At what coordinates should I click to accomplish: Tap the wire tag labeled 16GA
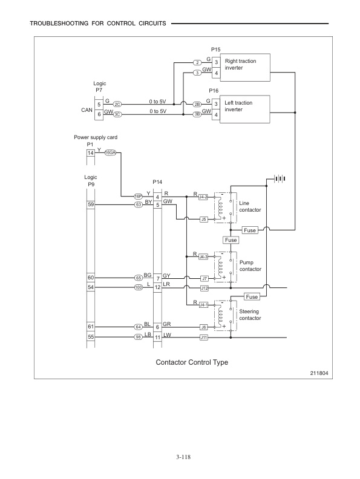click(111, 153)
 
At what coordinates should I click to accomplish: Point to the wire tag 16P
click(138, 197)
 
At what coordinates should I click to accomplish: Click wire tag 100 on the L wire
click(138, 287)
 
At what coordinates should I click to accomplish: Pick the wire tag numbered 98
click(138, 337)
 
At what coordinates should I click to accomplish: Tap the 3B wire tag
click(197, 114)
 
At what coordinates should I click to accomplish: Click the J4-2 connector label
click(203, 197)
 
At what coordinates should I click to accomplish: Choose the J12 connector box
click(205, 287)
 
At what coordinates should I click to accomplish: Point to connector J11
click(205, 337)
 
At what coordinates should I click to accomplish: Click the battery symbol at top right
click(279, 178)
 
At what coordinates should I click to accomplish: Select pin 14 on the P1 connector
click(90, 153)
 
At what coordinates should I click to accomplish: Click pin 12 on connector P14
click(157, 287)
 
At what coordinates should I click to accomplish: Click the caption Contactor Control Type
click(192, 363)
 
